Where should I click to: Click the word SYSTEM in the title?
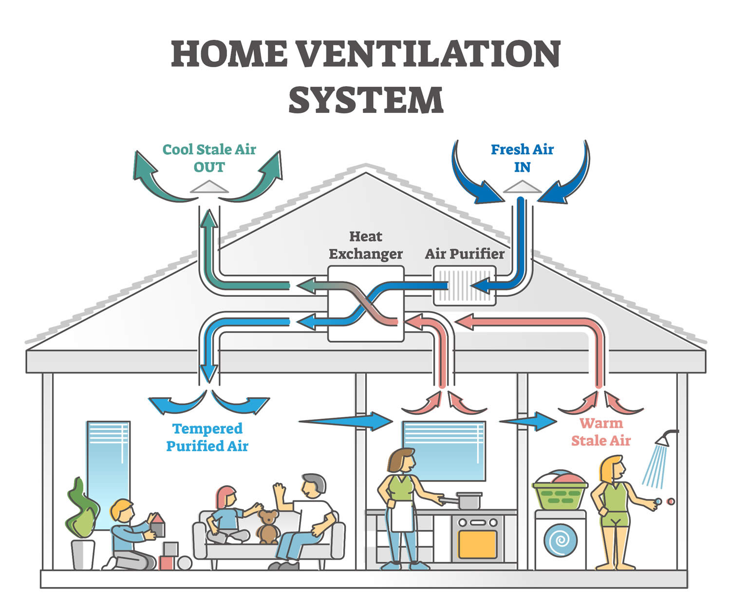[366, 100]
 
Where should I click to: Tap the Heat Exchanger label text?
[366, 245]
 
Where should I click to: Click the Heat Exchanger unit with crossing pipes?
[366, 303]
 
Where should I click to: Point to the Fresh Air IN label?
[522, 158]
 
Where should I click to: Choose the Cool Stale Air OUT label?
[209, 158]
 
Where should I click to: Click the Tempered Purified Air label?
[207, 437]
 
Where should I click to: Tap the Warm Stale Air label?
[601, 432]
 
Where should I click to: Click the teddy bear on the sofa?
[267, 526]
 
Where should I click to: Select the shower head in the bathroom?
[665, 438]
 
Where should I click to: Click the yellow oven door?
[477, 544]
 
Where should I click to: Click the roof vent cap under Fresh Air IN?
[522, 187]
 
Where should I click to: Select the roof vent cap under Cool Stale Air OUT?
[209, 187]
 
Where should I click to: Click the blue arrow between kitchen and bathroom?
[528, 421]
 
